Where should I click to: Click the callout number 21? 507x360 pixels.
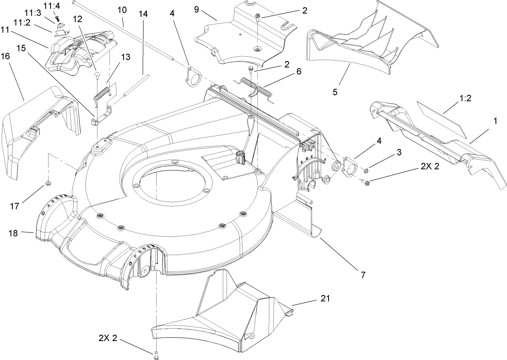click(x=325, y=298)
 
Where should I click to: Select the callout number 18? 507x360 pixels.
click(x=13, y=234)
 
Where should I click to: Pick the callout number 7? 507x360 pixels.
click(x=363, y=274)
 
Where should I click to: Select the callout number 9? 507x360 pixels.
click(x=197, y=9)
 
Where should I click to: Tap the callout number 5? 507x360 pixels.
click(x=335, y=92)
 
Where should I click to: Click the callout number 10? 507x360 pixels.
click(x=122, y=9)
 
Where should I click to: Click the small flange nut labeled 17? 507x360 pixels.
click(x=48, y=183)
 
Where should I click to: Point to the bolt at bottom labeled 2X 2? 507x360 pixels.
click(x=156, y=355)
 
